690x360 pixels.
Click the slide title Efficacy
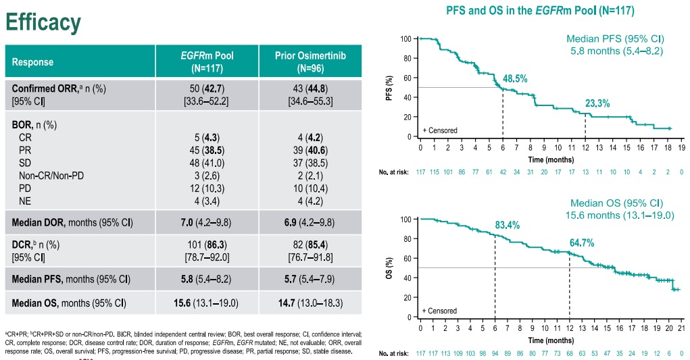[x=43, y=22]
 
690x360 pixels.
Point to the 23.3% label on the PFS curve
[x=597, y=103]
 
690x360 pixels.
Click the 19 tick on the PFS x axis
[x=681, y=147]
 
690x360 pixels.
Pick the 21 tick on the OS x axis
[x=681, y=327]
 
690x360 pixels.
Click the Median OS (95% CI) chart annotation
[x=616, y=203]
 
